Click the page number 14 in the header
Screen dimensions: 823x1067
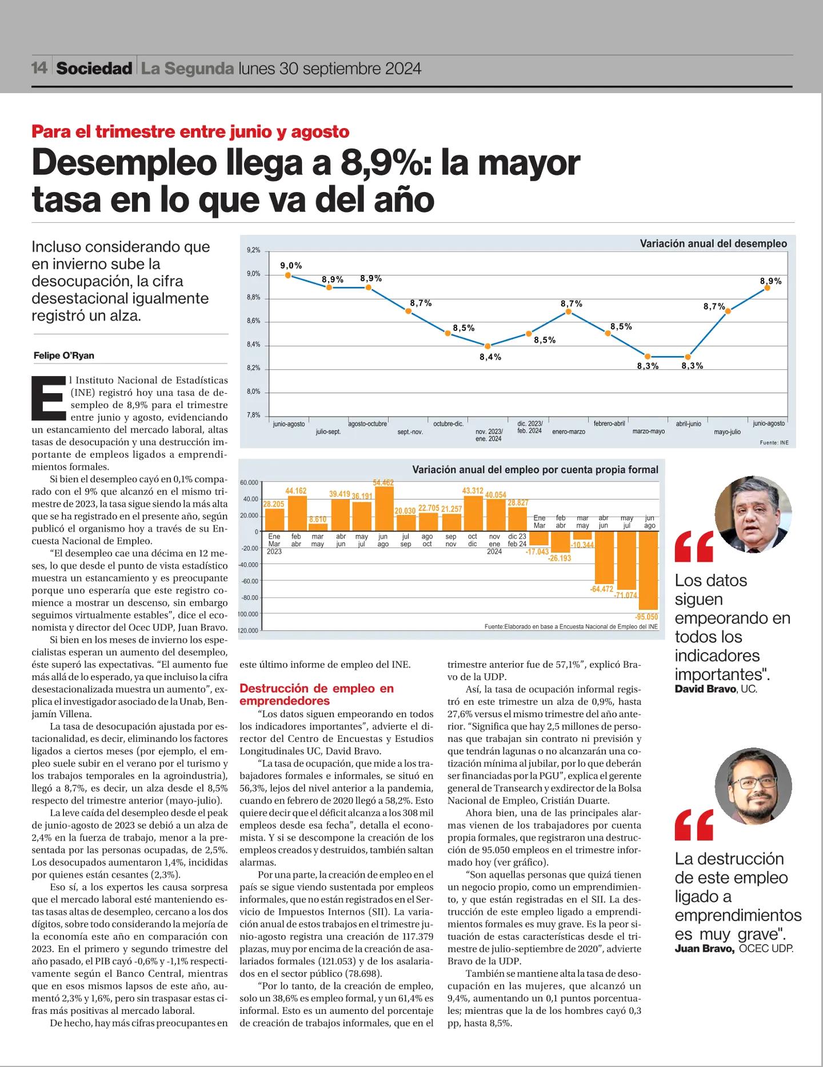[x=39, y=69]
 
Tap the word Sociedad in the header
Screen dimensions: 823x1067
[x=94, y=69]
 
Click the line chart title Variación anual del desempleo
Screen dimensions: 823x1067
[x=713, y=243]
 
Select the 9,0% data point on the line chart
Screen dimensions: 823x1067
[x=288, y=275]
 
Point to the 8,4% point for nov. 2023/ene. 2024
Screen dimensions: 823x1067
[x=488, y=346]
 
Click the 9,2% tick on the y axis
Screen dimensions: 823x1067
[x=253, y=250]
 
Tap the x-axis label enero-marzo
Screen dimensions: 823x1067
[x=569, y=431]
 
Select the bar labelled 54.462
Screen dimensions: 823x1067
[x=383, y=509]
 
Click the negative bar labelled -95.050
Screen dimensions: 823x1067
[x=649, y=571]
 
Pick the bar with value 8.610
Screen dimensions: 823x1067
[x=317, y=527]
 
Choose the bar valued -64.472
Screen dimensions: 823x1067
[x=604, y=558]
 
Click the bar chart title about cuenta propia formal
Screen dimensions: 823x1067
[x=535, y=470]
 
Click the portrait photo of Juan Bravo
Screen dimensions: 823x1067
[x=753, y=786]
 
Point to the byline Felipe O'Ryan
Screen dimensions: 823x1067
[x=64, y=355]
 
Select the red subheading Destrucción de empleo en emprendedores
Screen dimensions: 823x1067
[x=317, y=694]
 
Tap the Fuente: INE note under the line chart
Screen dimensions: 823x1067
[x=774, y=443]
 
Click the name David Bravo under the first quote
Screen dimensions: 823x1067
[x=705, y=689]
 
